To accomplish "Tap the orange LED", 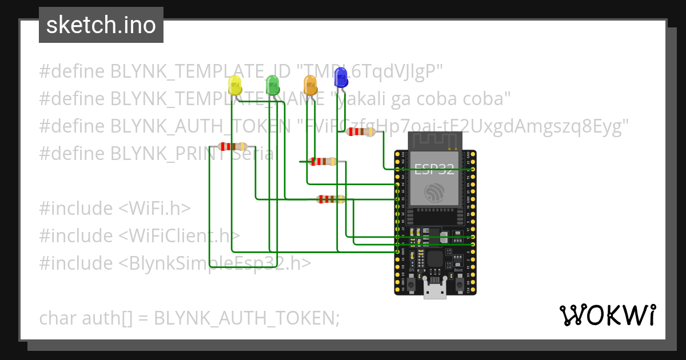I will [x=310, y=85].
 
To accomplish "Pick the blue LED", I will [x=341, y=77].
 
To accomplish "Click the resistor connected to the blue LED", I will [x=361, y=132].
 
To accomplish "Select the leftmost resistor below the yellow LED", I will [x=233, y=147].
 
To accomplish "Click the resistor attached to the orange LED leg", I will [x=322, y=162].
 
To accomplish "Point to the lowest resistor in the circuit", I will [x=330, y=199].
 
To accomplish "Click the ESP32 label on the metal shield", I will [x=434, y=169].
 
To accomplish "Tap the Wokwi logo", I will [x=607, y=315].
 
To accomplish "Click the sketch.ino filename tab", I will [x=101, y=25].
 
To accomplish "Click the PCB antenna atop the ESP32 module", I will [x=434, y=141].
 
